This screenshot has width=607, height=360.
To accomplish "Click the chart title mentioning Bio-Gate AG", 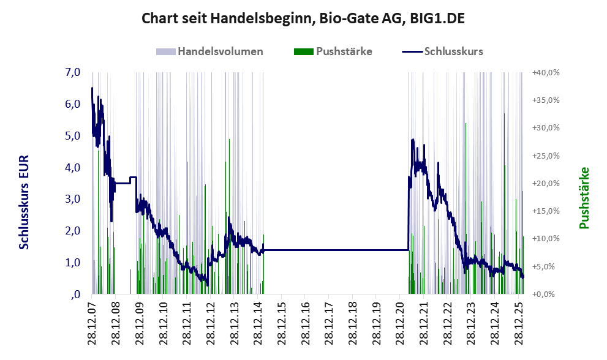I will pyautogui.click(x=303, y=18).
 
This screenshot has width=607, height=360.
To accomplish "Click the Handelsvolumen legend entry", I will pyautogui.click(x=221, y=51).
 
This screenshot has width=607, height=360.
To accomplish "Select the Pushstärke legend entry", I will pyautogui.click(x=344, y=51).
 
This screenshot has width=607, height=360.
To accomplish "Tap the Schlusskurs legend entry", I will pyautogui.click(x=453, y=51).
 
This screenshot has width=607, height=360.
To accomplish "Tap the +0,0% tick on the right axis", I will pyautogui.click(x=548, y=294).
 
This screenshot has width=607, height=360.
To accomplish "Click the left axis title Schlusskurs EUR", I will pyautogui.click(x=24, y=201).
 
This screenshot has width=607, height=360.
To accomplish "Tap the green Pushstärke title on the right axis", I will pyautogui.click(x=584, y=198).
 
